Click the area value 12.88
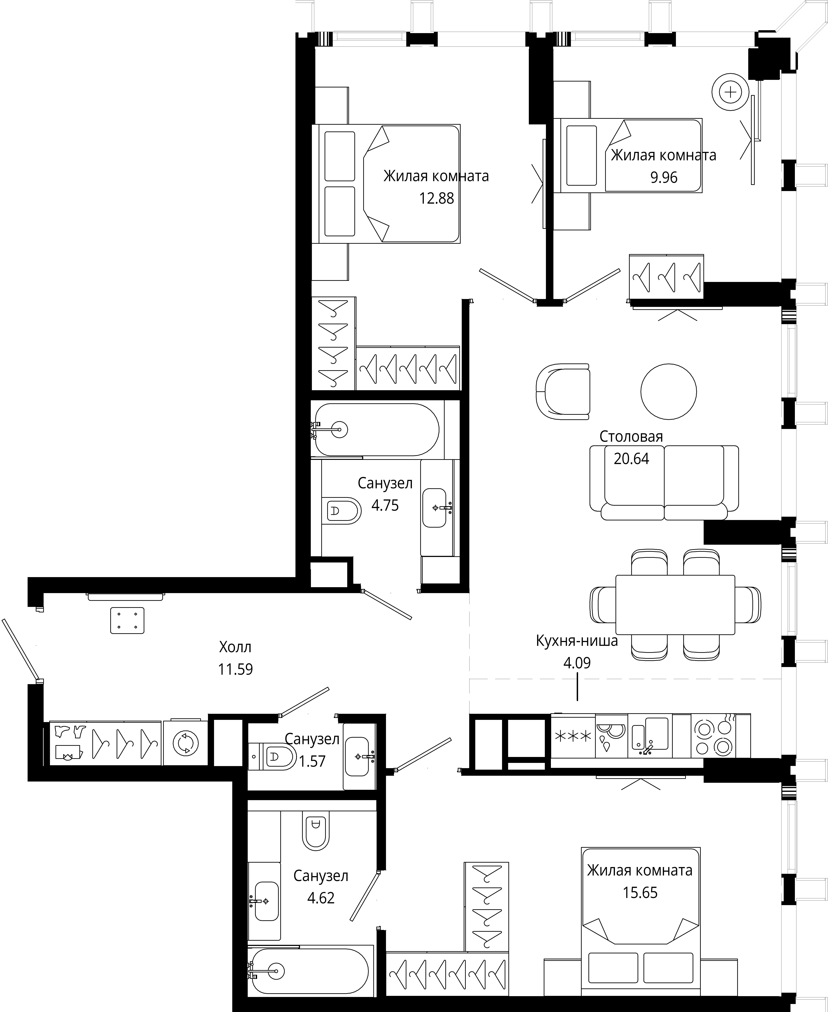coord(436,198)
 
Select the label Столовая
coord(631,436)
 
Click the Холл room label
coord(235,647)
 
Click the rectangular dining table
coord(675,604)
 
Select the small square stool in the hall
coord(127,620)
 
